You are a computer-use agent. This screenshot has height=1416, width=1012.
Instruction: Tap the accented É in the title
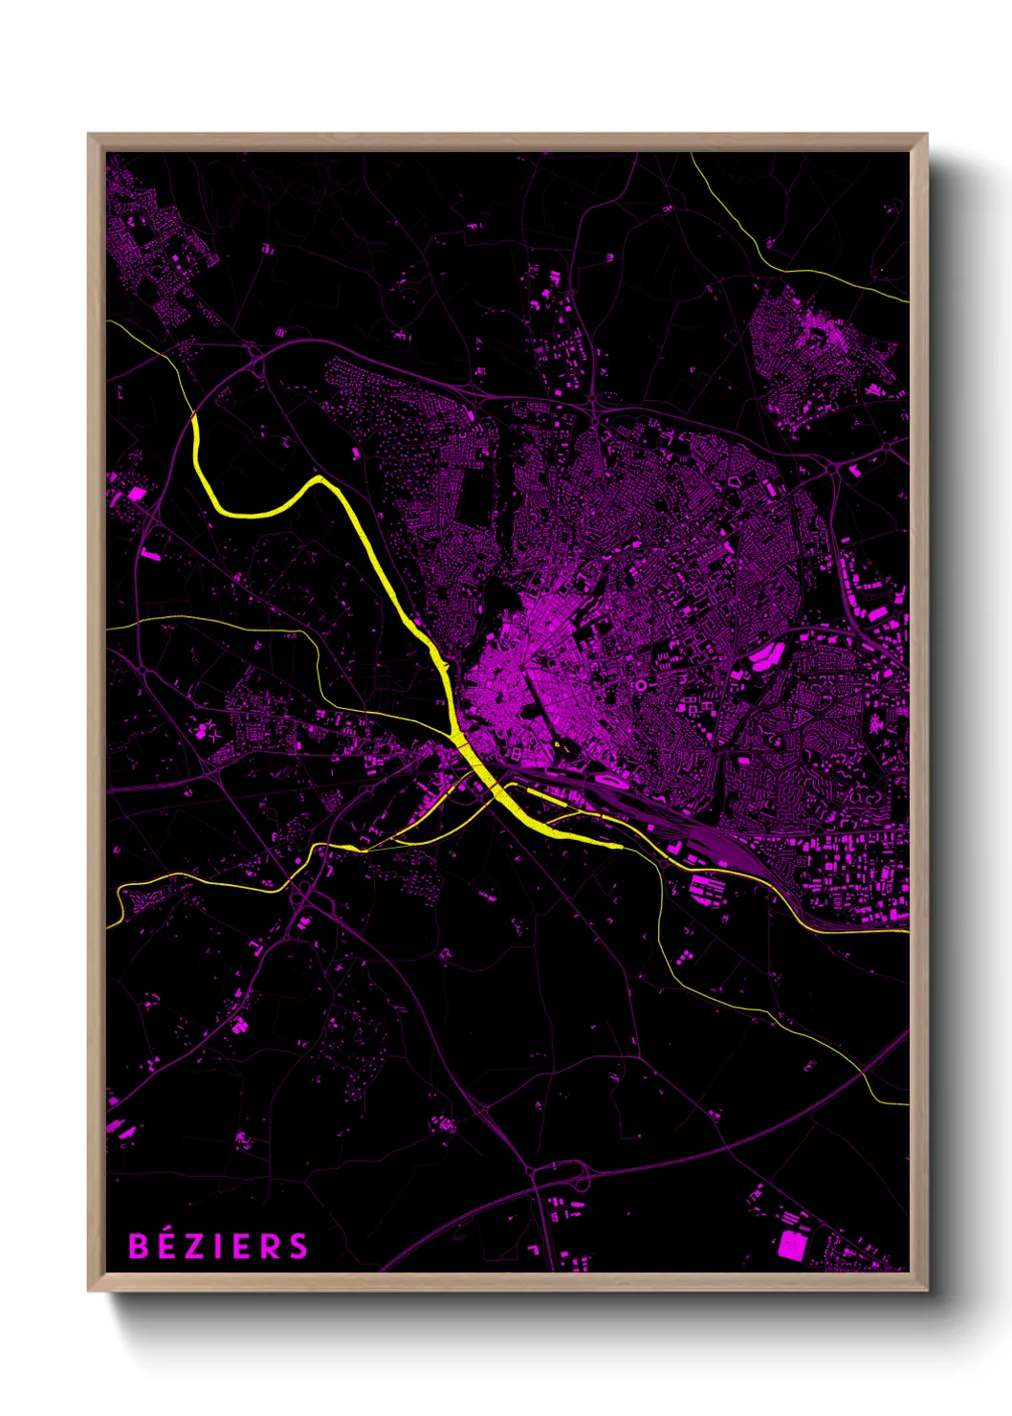point(166,1246)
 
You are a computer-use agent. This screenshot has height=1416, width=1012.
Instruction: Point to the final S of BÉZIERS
point(299,1247)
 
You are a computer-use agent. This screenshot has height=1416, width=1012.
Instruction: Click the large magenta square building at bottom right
point(791,1245)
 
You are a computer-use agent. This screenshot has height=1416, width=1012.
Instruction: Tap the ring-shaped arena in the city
point(640,685)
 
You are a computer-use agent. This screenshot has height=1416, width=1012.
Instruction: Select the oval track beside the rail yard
point(609,782)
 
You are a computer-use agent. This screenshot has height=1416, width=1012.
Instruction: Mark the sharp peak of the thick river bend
point(319,477)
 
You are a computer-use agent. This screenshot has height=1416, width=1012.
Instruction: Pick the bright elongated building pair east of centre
point(766,656)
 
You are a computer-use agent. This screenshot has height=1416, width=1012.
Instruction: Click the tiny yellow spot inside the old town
point(556,743)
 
